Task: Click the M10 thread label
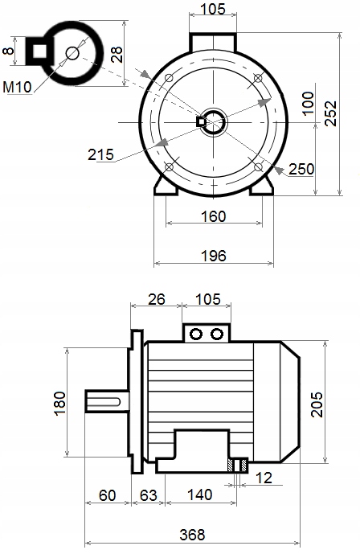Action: tap(18, 87)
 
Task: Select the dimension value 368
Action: tap(192, 535)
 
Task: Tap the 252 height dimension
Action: tap(331, 113)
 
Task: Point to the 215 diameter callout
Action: tap(101, 154)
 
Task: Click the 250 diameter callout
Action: tap(301, 169)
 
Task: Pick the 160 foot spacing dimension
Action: tap(214, 216)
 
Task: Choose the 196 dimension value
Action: tap(214, 256)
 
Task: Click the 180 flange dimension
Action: tap(61, 403)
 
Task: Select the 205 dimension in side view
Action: tap(317, 404)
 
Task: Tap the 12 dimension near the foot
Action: tap(264, 478)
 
